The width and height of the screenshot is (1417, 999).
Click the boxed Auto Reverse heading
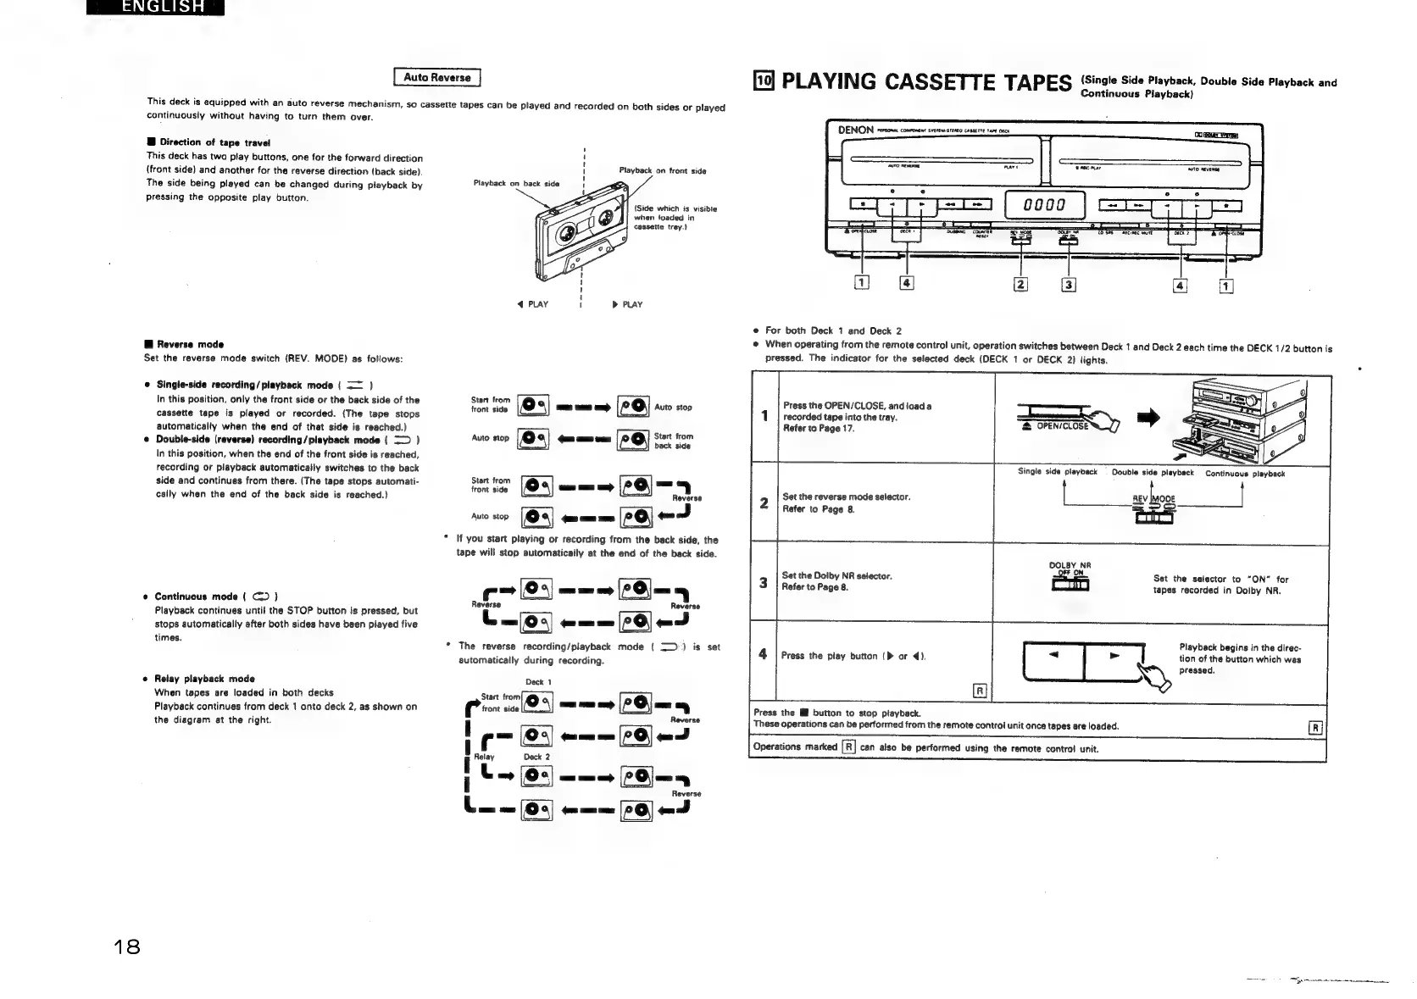click(437, 77)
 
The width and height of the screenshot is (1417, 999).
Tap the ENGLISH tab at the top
click(162, 8)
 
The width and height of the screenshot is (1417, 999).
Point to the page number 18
click(127, 946)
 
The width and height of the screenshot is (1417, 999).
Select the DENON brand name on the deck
click(856, 130)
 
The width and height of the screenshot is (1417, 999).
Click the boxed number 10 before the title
click(764, 81)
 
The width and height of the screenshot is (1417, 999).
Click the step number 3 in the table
click(764, 582)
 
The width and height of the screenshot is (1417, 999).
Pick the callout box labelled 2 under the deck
click(1020, 285)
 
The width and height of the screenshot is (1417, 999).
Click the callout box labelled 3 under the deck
click(1069, 285)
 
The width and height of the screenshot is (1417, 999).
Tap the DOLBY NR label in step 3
click(1070, 565)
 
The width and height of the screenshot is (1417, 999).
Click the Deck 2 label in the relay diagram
click(536, 757)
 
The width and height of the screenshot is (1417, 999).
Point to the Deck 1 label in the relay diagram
click(538, 682)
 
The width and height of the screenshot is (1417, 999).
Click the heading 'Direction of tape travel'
click(201, 142)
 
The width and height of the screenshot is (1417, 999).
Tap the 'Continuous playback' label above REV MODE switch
click(1245, 474)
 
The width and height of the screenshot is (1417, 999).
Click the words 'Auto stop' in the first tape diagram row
click(674, 408)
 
